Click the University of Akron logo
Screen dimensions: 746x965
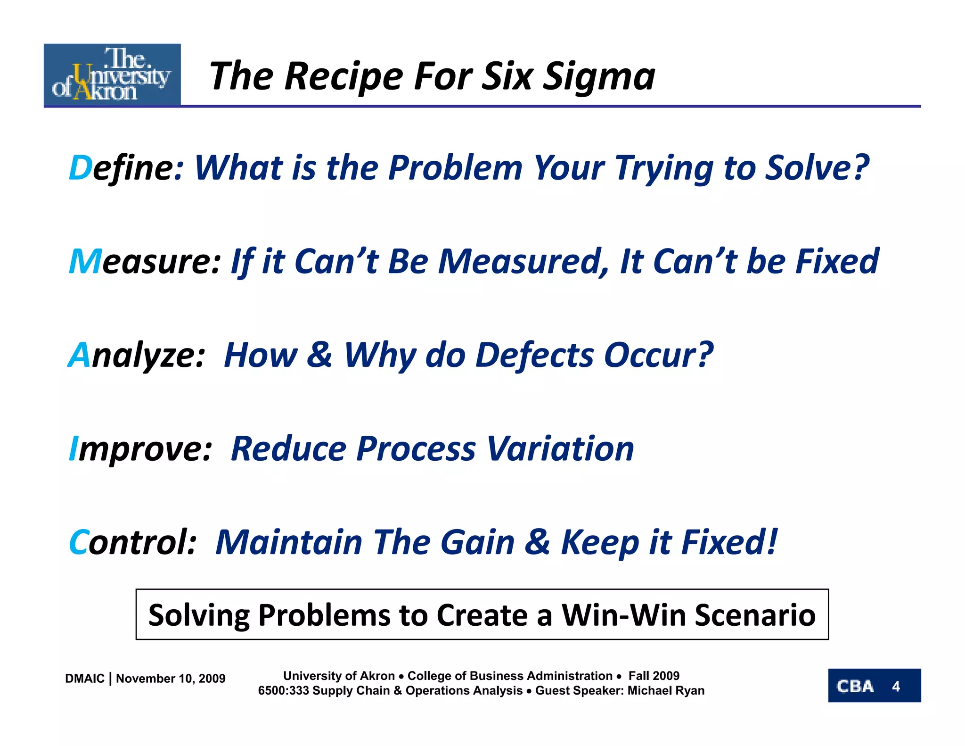pyautogui.click(x=112, y=75)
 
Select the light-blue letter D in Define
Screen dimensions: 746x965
pyautogui.click(x=80, y=168)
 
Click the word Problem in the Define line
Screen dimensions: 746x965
pyautogui.click(x=455, y=168)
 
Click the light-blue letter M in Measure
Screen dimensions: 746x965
pyautogui.click(x=85, y=261)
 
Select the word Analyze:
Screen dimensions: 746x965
pyautogui.click(x=137, y=356)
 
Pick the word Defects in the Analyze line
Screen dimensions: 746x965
pyautogui.click(x=534, y=355)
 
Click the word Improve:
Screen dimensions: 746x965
pyautogui.click(x=140, y=449)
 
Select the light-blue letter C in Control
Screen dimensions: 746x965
pyautogui.click(x=78, y=542)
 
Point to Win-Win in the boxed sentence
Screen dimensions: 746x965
pyautogui.click(x=624, y=615)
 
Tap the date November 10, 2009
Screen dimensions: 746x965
pyautogui.click(x=171, y=679)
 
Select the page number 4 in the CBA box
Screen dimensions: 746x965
pyautogui.click(x=896, y=686)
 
